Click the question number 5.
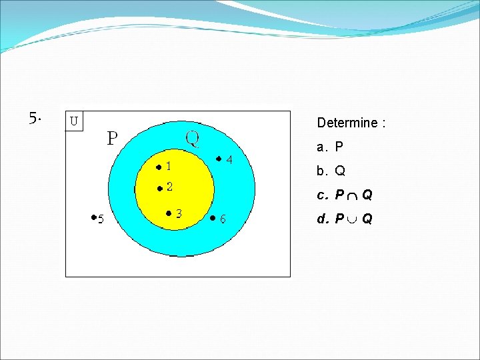pyautogui.click(x=35, y=119)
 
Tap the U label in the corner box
pyautogui.click(x=74, y=121)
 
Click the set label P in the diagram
pyautogui.click(x=113, y=139)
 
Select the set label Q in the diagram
pyautogui.click(x=192, y=139)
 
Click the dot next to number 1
pyautogui.click(x=159, y=167)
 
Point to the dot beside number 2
pyautogui.click(x=159, y=189)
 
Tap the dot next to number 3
pyautogui.click(x=169, y=213)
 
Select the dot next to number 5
pyautogui.click(x=93, y=217)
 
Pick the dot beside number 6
pyautogui.click(x=212, y=217)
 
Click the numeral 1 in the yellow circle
pyautogui.click(x=169, y=166)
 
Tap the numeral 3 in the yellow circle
pyautogui.click(x=180, y=213)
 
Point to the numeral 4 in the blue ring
pyautogui.click(x=229, y=160)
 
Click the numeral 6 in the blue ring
pyautogui.click(x=223, y=219)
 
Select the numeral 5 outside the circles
pyautogui.click(x=101, y=219)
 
